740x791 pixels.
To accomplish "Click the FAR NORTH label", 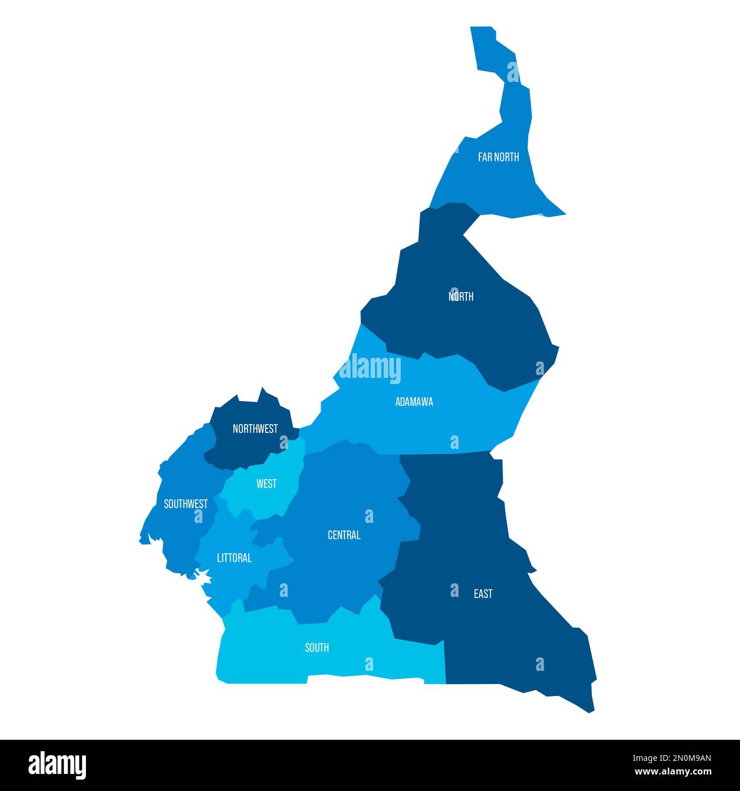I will pos(498,157).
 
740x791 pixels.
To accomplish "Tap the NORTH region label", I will pos(461,296).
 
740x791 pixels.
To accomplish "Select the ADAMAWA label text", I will pos(414,402).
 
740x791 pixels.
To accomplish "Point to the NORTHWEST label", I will pos(255,429).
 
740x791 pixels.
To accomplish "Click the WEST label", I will pos(266,484).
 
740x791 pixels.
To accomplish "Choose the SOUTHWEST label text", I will pos(186,504).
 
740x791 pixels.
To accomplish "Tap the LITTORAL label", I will pos(234,558).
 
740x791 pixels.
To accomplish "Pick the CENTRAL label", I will pos(344,535).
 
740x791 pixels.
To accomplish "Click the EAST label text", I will pos(483,594).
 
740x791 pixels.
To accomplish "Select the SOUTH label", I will pos(316,648).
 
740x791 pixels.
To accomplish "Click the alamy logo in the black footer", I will pos(57,764).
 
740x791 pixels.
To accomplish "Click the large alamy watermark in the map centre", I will pos(370,368).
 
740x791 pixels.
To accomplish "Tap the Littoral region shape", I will pos(228,575).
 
